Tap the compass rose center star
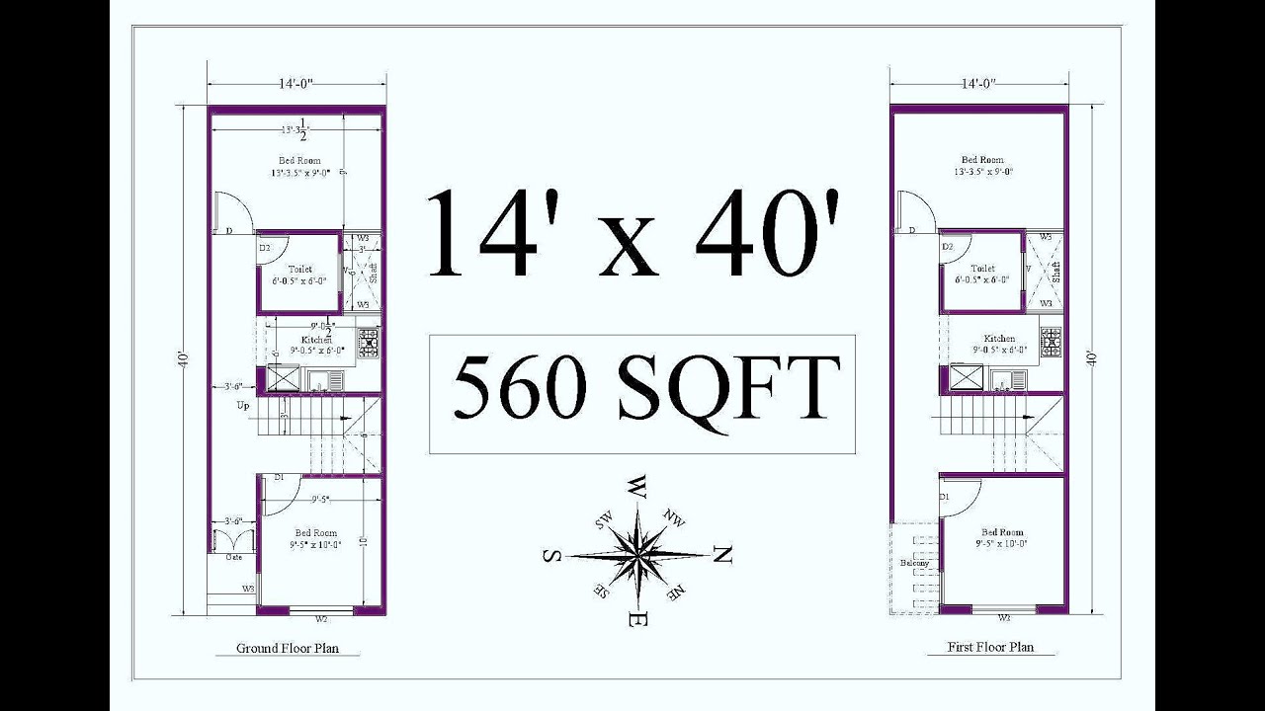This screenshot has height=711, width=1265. pyautogui.click(x=638, y=555)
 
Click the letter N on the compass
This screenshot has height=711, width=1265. pyautogui.click(x=722, y=557)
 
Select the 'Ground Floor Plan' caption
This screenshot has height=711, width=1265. pyautogui.click(x=286, y=649)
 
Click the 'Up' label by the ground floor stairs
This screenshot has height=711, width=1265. pyautogui.click(x=242, y=405)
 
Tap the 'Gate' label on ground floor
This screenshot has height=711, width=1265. pyautogui.click(x=234, y=557)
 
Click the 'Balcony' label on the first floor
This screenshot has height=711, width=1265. pyautogui.click(x=914, y=563)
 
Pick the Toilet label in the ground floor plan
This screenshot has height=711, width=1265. pyautogui.click(x=299, y=269)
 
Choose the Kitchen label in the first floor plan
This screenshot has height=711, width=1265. pyautogui.click(x=999, y=339)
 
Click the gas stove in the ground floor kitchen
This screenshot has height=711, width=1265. pyautogui.click(x=369, y=343)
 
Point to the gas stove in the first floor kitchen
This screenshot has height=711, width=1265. pyautogui.click(x=1051, y=342)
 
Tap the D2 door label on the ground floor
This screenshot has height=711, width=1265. pyautogui.click(x=266, y=247)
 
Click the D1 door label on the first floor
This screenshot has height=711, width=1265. pyautogui.click(x=946, y=497)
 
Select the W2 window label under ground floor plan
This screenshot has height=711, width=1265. pyautogui.click(x=321, y=619)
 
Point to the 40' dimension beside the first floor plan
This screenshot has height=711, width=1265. pyautogui.click(x=1092, y=357)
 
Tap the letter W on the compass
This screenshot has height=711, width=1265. pyautogui.click(x=637, y=487)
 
